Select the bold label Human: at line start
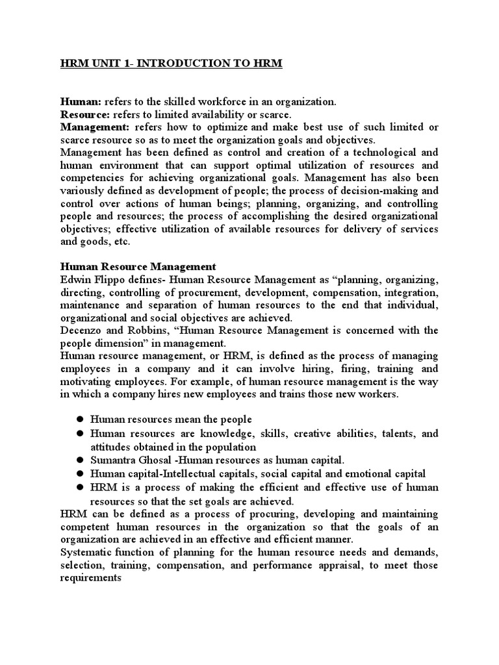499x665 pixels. (x=77, y=101)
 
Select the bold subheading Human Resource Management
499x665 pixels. (x=138, y=266)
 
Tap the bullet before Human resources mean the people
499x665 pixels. (x=81, y=420)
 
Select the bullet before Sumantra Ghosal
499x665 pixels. (x=81, y=460)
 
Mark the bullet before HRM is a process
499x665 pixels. (x=81, y=486)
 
